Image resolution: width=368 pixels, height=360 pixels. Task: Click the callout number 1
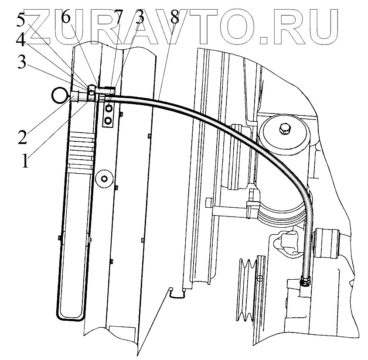(25, 161)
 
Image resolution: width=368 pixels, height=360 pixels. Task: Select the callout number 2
(22, 137)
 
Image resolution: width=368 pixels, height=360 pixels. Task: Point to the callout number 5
(21, 20)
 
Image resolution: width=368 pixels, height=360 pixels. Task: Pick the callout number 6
(65, 17)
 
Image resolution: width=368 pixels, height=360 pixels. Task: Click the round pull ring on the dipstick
(59, 94)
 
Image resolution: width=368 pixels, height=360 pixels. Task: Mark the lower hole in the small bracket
(108, 119)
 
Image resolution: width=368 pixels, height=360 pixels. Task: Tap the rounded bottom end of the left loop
(70, 316)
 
